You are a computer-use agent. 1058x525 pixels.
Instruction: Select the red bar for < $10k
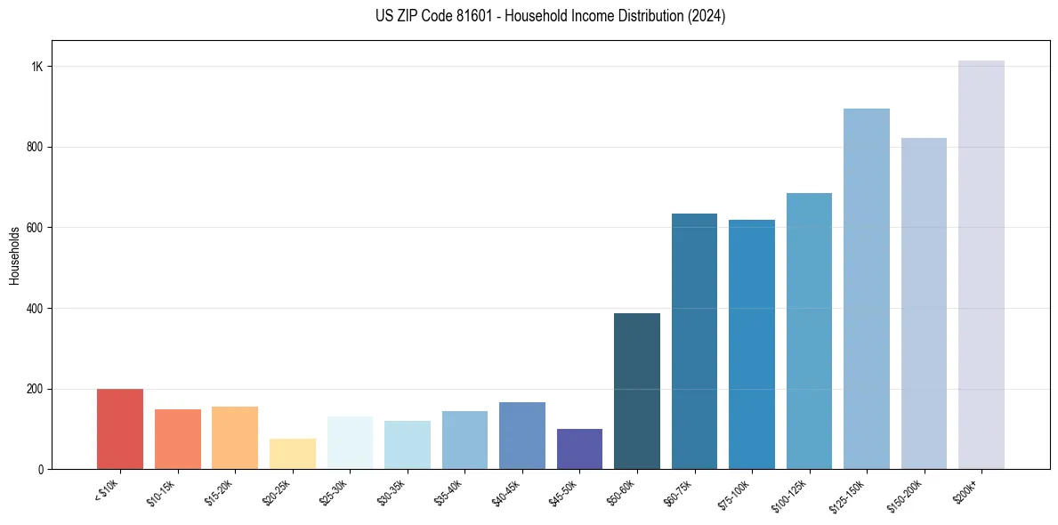(x=120, y=429)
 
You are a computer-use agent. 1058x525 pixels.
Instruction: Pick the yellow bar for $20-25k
(x=292, y=454)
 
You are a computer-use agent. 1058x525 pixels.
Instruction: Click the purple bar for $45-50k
(x=579, y=448)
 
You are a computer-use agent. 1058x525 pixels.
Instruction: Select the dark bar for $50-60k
(x=637, y=392)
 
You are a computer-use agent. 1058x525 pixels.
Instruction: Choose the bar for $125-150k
(x=867, y=289)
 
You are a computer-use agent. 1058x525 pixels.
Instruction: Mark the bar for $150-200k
(x=924, y=303)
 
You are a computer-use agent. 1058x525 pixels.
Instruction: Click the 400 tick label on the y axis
(x=36, y=309)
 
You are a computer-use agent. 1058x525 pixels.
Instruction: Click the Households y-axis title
(x=15, y=255)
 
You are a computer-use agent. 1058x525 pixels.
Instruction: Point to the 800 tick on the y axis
(x=36, y=147)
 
